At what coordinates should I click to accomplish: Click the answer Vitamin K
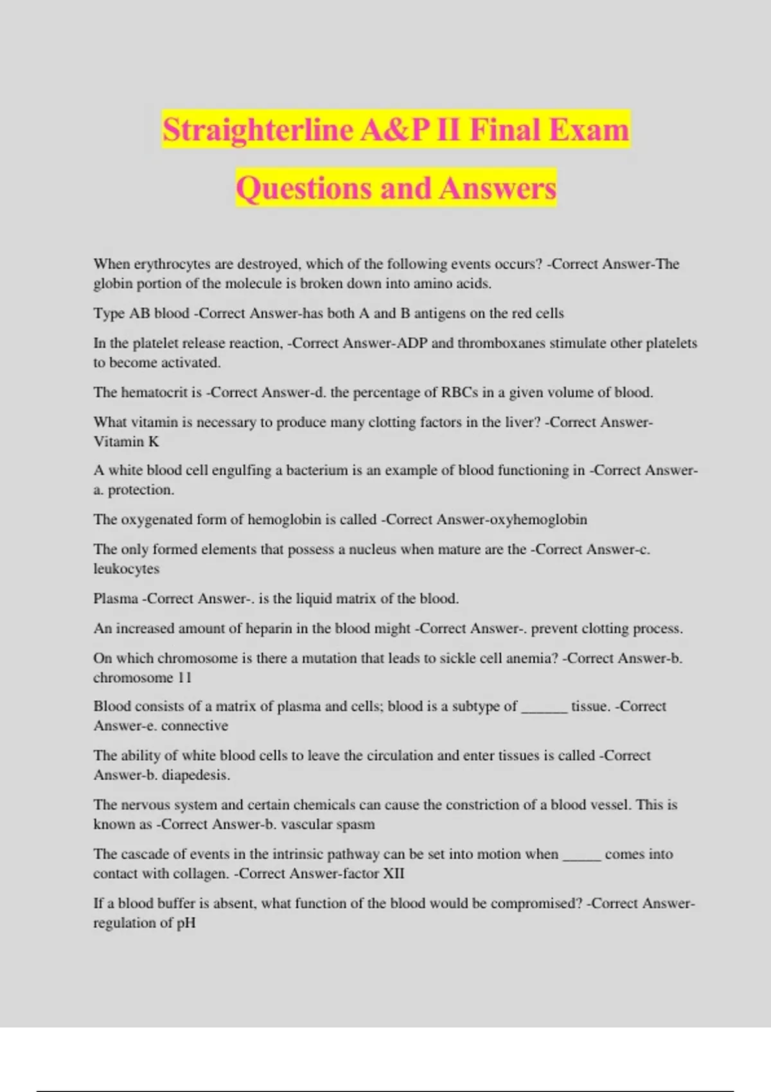[x=126, y=441]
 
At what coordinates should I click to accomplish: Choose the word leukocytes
[x=126, y=568]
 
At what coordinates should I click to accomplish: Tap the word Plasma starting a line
[x=116, y=599]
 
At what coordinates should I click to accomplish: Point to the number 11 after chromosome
[x=184, y=678]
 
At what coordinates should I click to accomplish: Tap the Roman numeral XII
[x=393, y=874]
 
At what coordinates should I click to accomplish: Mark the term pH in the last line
[x=186, y=923]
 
